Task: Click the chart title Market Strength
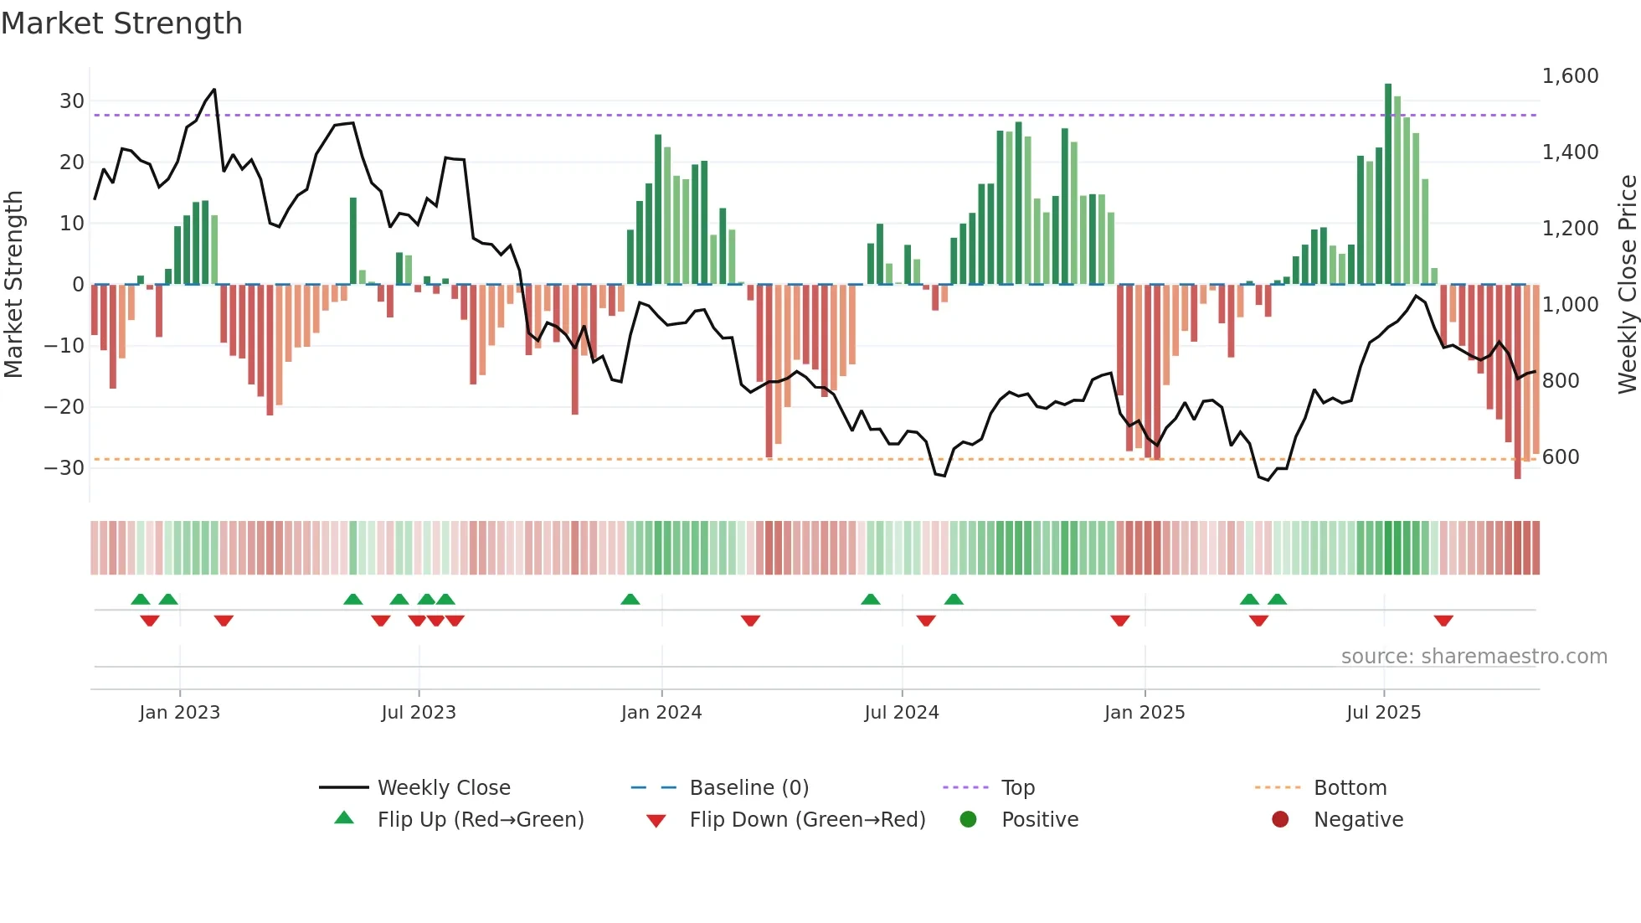pyautogui.click(x=121, y=23)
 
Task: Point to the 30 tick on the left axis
pyautogui.click(x=72, y=101)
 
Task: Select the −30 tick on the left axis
pyautogui.click(x=65, y=468)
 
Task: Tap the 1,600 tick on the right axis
pyautogui.click(x=1570, y=76)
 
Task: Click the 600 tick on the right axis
pyautogui.click(x=1561, y=457)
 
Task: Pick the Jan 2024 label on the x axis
pyautogui.click(x=661, y=713)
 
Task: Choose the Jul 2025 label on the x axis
pyautogui.click(x=1383, y=713)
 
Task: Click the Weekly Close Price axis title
pyautogui.click(x=1627, y=284)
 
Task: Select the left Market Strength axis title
pyautogui.click(x=13, y=284)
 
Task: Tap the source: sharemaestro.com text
pyautogui.click(x=1474, y=657)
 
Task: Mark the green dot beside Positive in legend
pyautogui.click(x=969, y=820)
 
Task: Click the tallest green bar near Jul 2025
pyautogui.click(x=1388, y=184)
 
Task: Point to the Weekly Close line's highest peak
pyautogui.click(x=214, y=90)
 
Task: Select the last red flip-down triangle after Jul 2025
pyautogui.click(x=1443, y=621)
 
